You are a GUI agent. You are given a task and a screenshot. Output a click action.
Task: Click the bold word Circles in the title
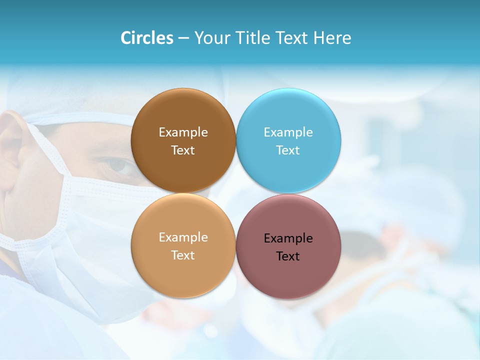(x=146, y=38)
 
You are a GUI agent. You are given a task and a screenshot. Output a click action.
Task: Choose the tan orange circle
(x=183, y=272)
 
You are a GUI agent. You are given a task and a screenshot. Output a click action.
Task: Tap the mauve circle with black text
(x=288, y=275)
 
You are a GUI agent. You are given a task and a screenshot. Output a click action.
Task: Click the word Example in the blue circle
(x=288, y=132)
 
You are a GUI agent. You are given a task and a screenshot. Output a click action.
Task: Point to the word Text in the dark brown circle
(x=183, y=150)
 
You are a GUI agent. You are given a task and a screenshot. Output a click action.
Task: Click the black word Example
(x=288, y=238)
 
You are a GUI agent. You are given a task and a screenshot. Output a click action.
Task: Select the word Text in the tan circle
(x=183, y=255)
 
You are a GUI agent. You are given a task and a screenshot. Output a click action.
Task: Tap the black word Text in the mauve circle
(x=288, y=256)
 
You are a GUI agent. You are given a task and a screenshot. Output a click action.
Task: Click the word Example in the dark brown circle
(x=183, y=132)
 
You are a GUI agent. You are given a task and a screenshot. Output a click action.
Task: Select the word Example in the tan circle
(x=183, y=237)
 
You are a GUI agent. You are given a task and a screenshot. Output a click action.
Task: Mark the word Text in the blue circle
(x=288, y=150)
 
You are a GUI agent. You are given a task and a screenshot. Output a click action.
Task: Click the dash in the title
(x=183, y=38)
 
